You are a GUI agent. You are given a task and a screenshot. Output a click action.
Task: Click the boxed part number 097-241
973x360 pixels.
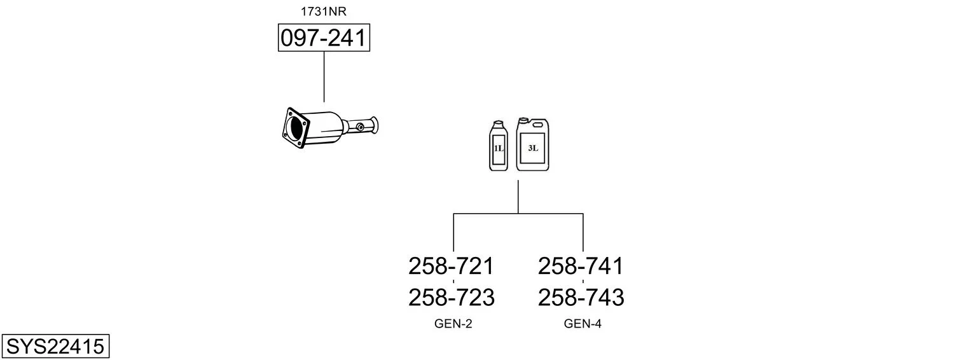[324, 38]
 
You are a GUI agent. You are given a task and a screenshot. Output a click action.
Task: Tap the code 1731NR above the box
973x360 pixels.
[324, 11]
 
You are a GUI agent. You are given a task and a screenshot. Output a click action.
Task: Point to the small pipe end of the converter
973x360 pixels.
[373, 125]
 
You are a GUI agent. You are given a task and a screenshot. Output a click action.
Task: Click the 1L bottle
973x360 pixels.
[498, 147]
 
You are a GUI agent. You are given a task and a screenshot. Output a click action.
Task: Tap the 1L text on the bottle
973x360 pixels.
[498, 148]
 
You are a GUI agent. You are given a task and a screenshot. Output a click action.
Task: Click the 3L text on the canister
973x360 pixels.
[533, 148]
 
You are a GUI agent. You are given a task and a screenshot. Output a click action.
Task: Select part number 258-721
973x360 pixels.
[451, 266]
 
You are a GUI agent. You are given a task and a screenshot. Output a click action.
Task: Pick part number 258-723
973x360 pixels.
[451, 297]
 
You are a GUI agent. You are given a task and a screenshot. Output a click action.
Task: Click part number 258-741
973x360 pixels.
[581, 266]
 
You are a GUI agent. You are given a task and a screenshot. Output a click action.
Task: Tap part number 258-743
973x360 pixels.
[581, 297]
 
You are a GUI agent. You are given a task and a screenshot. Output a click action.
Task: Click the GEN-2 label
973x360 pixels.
[453, 324]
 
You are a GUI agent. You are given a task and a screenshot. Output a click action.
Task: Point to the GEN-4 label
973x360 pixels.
[583, 324]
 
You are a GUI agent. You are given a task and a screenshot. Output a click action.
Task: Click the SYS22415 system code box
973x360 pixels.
[55, 347]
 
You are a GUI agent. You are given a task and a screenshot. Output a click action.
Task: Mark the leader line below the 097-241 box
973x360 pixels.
[324, 76]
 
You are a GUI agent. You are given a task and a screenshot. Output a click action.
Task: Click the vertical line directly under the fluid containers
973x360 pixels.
[518, 196]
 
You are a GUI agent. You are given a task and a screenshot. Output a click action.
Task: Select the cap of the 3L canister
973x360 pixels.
[523, 120]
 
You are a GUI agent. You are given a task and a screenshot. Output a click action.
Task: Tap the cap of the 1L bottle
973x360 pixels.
[498, 123]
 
